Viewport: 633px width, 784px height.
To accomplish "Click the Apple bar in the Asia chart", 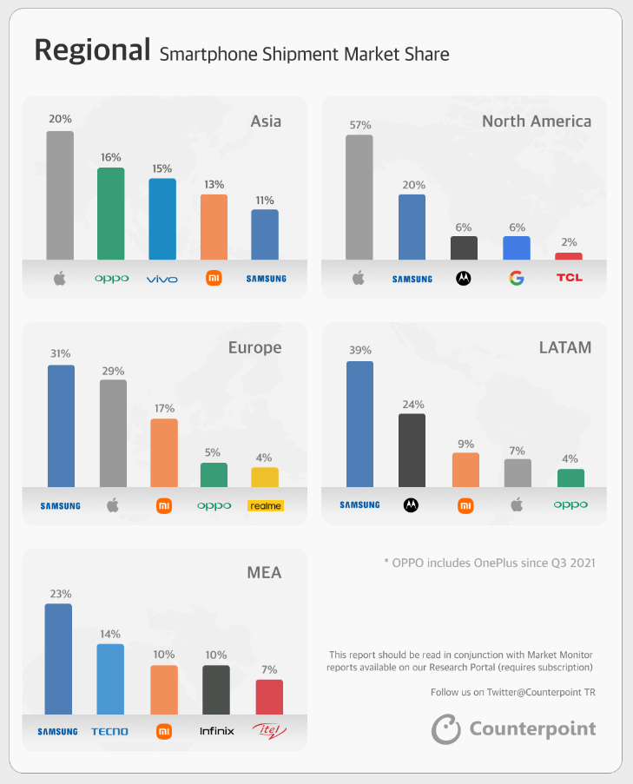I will coord(60,195).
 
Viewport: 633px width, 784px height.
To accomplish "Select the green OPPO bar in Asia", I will coord(110,214).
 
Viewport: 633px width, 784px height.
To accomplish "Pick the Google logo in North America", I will coord(516,279).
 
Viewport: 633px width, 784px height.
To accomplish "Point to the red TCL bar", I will coord(568,256).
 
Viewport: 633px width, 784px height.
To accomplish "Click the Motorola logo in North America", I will coord(464,279).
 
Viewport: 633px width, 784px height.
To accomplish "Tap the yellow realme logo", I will coord(266,505).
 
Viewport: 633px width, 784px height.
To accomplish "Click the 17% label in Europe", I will coord(164,408).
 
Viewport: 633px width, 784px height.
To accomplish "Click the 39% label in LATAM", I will coord(359,350).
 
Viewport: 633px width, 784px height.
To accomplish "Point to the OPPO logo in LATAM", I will coord(570,504).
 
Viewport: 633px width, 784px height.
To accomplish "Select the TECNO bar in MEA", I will coord(110,678).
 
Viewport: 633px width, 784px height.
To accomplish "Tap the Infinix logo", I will coord(216,731).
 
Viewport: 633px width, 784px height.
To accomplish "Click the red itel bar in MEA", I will coord(269,696).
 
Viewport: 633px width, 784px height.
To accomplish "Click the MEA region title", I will coord(264,572).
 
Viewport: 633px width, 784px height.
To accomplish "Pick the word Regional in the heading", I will coord(92,50).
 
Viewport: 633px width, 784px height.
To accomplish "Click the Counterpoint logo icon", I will coord(445,728).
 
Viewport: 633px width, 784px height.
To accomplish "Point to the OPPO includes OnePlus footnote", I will coord(490,563).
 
